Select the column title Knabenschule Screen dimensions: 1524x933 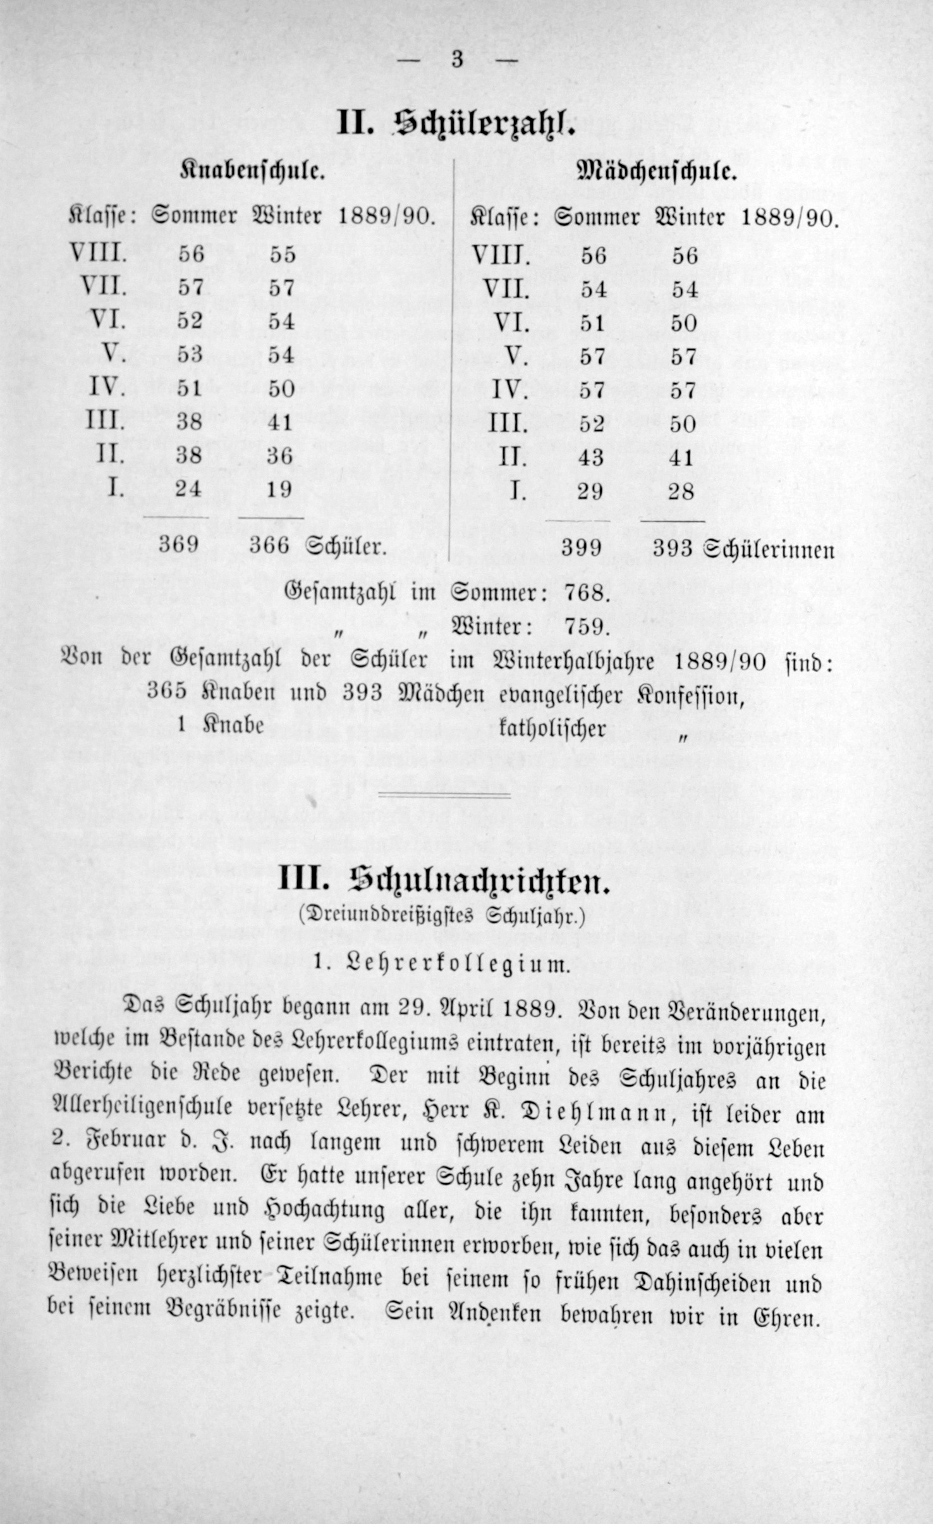tap(253, 171)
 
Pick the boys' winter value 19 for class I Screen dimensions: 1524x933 tap(279, 489)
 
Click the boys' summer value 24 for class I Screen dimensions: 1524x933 tap(188, 489)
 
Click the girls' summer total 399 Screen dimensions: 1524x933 tap(582, 548)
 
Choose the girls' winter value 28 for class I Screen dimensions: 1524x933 tap(681, 491)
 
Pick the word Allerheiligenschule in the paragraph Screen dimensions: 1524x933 tap(151, 1114)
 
